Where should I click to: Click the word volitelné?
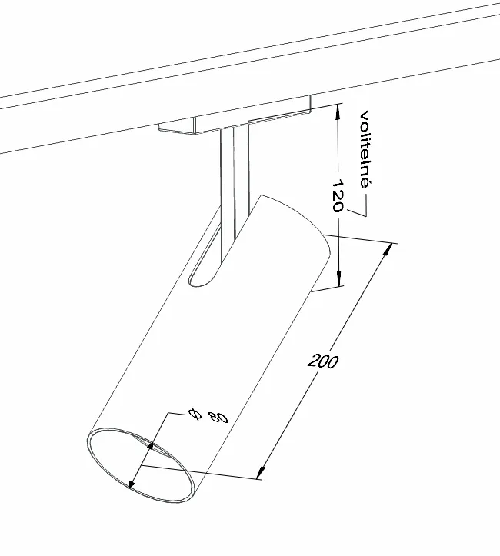coord(365,149)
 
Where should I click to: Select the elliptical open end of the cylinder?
coord(138,469)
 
